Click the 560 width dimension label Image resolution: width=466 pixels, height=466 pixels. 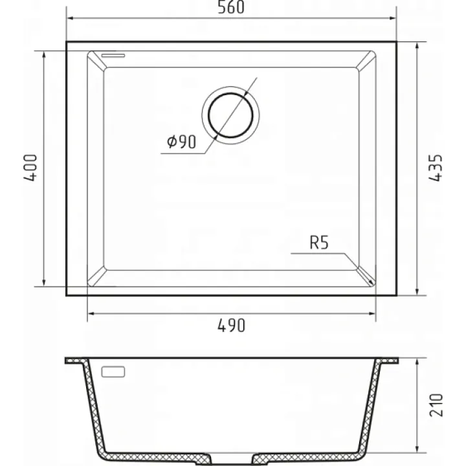tap(231, 7)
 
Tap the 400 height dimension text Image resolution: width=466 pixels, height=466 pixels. tap(30, 168)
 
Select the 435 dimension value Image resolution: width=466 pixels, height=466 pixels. tap(436, 168)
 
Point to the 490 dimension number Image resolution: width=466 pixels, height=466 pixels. tap(232, 326)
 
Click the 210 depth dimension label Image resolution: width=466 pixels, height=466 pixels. tap(436, 405)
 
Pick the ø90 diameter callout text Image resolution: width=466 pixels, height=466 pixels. tap(182, 142)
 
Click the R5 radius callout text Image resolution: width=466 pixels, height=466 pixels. tap(319, 243)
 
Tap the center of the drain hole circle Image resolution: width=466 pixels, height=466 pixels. tap(230, 115)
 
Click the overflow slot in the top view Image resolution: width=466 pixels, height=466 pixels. tap(113, 55)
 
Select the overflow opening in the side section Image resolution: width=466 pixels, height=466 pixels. tap(113, 372)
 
